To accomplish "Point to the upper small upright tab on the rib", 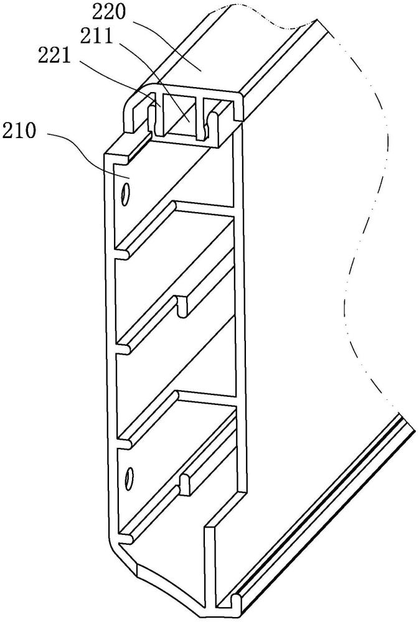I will tap(182, 307).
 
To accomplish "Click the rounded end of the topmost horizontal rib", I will tap(123, 254).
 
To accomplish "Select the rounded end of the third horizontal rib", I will tap(124, 444).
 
